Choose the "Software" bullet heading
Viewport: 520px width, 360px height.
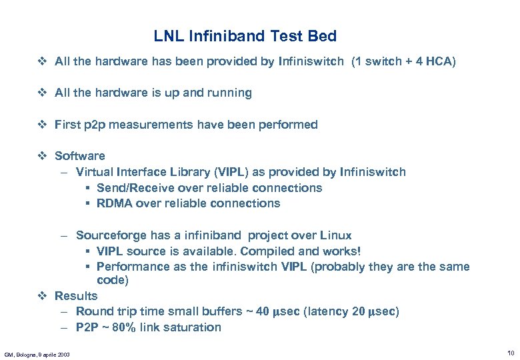pyautogui.click(x=80, y=156)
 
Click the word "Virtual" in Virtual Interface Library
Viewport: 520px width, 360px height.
pyautogui.click(x=94, y=172)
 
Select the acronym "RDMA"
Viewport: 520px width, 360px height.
pyautogui.click(x=115, y=203)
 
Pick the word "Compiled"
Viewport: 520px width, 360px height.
pyautogui.click(x=271, y=251)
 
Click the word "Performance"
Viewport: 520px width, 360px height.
pyautogui.click(x=132, y=267)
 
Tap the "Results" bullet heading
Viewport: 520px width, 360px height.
pyautogui.click(x=76, y=296)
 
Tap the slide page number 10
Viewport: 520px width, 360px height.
pyautogui.click(x=510, y=352)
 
